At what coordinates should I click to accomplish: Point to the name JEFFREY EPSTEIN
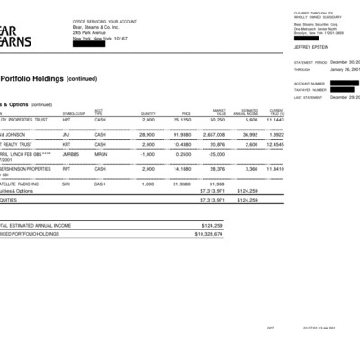tap(310, 47)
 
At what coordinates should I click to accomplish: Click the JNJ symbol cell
tap(67, 133)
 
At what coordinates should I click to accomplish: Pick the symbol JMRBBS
tap(71, 155)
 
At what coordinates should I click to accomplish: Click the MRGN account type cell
tap(101, 155)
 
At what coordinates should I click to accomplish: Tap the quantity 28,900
tap(148, 133)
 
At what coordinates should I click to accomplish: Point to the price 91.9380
tap(182, 133)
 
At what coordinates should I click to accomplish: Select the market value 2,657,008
tap(214, 133)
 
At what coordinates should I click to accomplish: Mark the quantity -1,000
tap(148, 155)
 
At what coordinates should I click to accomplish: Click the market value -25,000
tap(215, 155)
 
